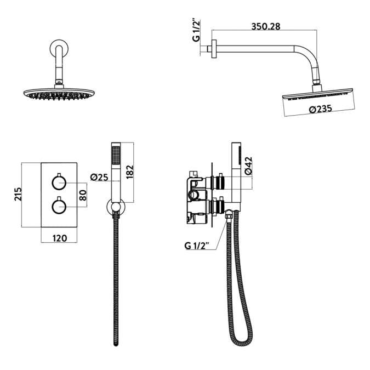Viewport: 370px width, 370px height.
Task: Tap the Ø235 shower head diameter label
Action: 321,109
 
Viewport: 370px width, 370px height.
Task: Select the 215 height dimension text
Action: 18,195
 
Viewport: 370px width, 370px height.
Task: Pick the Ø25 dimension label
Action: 98,177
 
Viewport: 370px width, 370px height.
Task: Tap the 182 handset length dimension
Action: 129,170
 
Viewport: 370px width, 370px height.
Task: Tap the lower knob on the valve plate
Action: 59,206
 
